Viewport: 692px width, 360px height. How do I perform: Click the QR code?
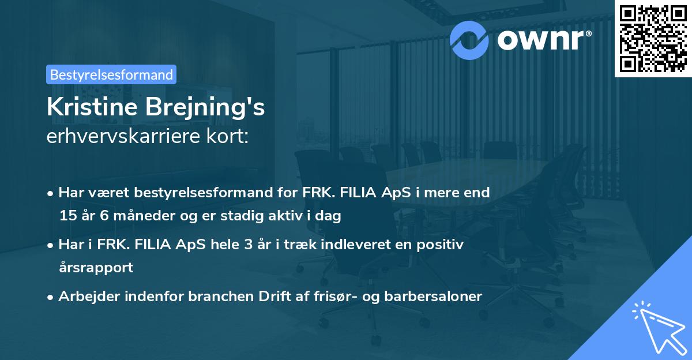[x=653, y=39]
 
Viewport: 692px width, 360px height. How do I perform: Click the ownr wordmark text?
[x=544, y=39]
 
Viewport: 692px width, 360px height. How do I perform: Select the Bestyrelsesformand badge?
[x=111, y=74]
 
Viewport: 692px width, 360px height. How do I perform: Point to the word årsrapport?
[x=96, y=267]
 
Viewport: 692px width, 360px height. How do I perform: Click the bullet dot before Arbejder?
[x=51, y=297]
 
